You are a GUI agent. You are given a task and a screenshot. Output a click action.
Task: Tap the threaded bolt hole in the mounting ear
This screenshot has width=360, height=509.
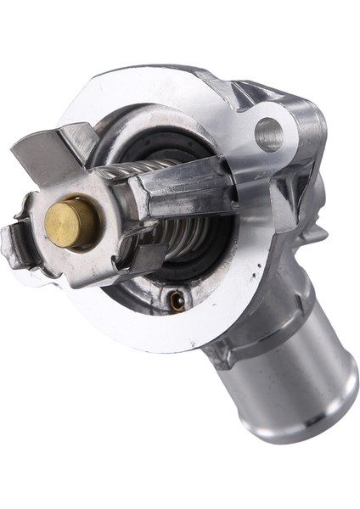coord(268,135)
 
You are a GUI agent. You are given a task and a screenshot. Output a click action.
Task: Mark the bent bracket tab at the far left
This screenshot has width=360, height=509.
coord(14,247)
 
